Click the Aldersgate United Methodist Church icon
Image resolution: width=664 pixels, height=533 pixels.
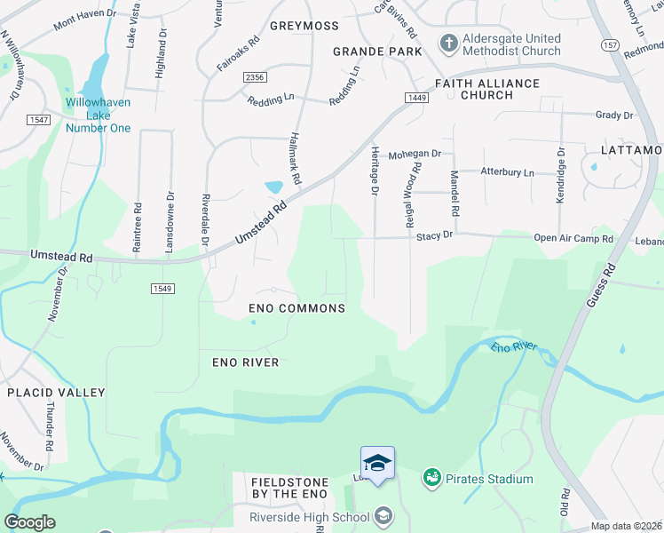pyautogui.click(x=449, y=43)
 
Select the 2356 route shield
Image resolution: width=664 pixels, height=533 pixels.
pyautogui.click(x=255, y=78)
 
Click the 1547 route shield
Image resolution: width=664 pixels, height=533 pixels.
pyautogui.click(x=38, y=120)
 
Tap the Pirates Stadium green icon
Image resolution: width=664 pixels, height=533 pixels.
pyautogui.click(x=432, y=479)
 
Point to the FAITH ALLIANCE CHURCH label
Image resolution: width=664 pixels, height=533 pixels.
pyautogui.click(x=486, y=89)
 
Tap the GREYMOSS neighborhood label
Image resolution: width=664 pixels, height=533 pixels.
pyautogui.click(x=305, y=26)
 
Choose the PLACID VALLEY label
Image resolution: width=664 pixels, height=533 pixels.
pyautogui.click(x=56, y=392)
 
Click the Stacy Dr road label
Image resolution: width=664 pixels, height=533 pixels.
pyautogui.click(x=435, y=236)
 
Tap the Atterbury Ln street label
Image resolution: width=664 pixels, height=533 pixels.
pyautogui.click(x=508, y=171)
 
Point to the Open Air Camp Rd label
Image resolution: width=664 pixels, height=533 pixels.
pyautogui.click(x=573, y=238)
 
